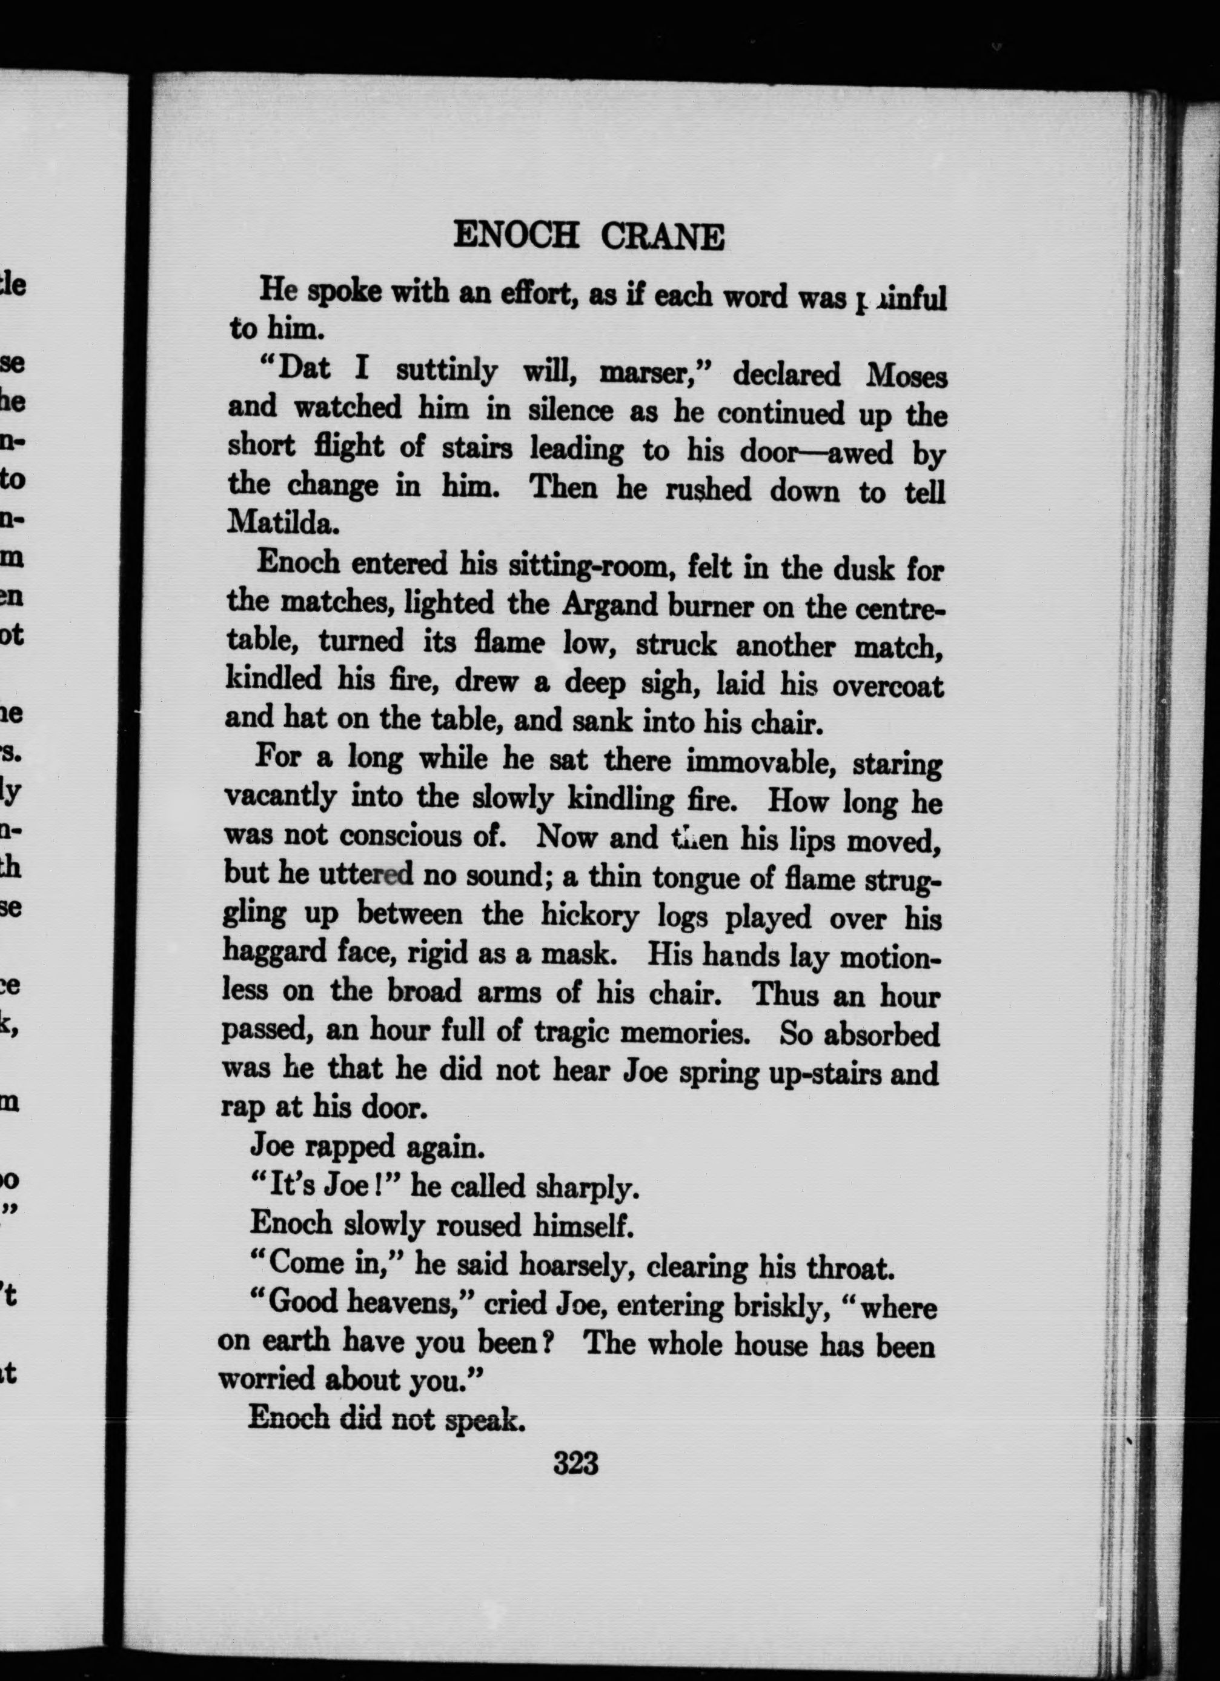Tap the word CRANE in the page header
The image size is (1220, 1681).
(x=661, y=239)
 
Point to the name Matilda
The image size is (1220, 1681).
(x=282, y=524)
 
